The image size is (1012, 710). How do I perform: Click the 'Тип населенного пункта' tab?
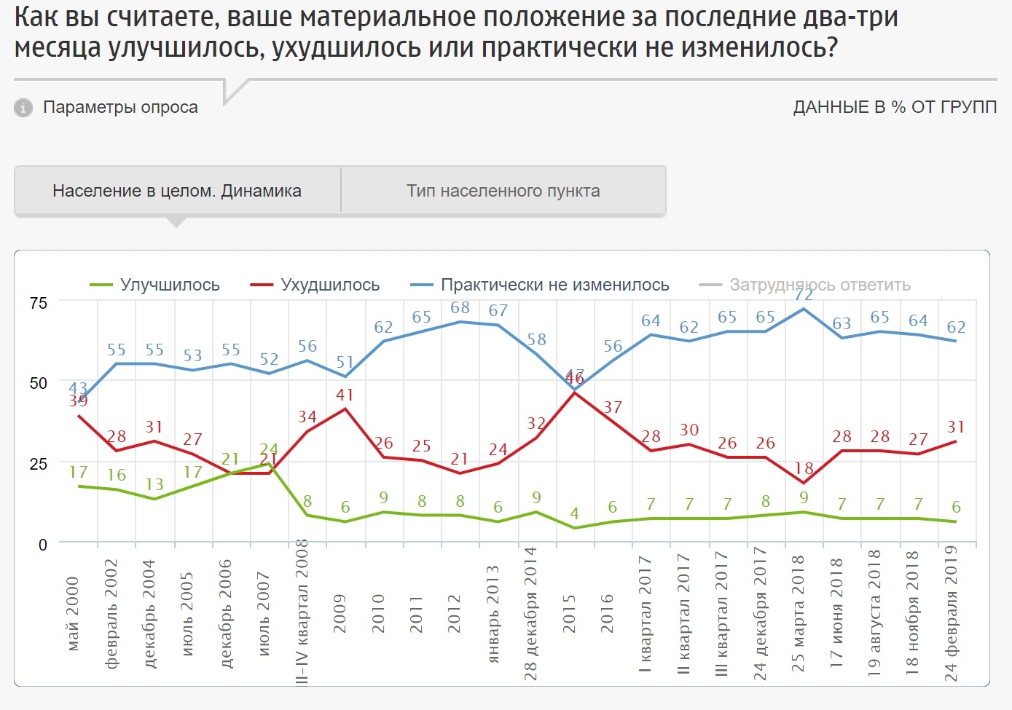pos(503,191)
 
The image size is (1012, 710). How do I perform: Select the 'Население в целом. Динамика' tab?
pos(177,191)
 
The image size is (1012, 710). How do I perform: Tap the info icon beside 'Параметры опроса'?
pos(23,108)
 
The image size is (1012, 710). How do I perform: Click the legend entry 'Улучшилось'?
pos(169,285)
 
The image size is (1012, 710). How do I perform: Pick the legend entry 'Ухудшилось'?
pos(329,285)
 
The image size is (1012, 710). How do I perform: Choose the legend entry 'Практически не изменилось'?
pos(554,285)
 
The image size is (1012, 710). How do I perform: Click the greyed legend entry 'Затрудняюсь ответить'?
pos(819,285)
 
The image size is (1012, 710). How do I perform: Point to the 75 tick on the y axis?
pos(38,303)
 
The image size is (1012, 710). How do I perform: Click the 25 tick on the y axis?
pos(38,464)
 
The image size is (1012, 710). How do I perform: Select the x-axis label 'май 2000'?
pos(73,614)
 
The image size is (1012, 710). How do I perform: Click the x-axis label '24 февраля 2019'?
pos(951,613)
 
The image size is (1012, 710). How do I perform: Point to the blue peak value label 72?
pos(803,295)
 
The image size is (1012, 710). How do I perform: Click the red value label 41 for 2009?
pos(345,395)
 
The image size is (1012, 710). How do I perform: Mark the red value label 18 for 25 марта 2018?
pos(804,468)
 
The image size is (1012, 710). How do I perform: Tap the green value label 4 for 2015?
pos(574,514)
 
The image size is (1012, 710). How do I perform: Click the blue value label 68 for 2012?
pos(460,307)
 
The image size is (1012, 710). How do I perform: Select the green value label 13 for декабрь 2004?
pos(154,484)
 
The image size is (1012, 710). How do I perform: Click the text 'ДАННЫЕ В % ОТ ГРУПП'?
pos(895,107)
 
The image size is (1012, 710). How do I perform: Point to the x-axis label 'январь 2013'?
pos(493,614)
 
